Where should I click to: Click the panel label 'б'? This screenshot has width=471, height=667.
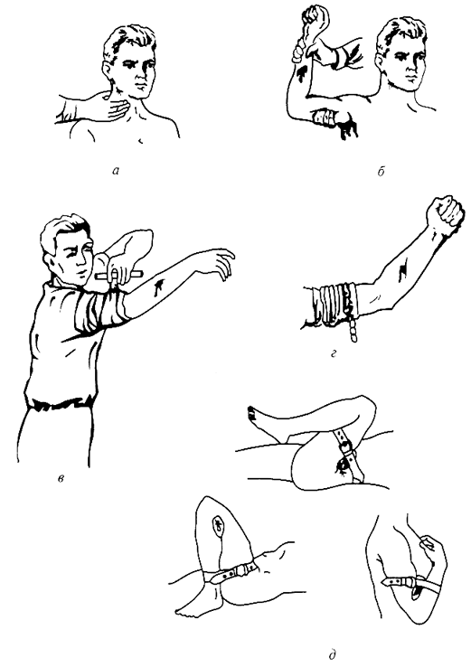point(381,172)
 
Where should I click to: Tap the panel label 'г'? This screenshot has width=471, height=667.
point(334,353)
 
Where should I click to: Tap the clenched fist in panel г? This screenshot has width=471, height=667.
point(445,211)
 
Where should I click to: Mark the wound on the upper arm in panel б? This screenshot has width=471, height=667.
point(303,72)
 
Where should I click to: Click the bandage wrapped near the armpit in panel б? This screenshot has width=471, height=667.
point(325,117)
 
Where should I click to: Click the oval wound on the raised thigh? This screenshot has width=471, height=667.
point(218,523)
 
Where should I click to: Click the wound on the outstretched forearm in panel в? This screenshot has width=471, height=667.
point(158,287)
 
